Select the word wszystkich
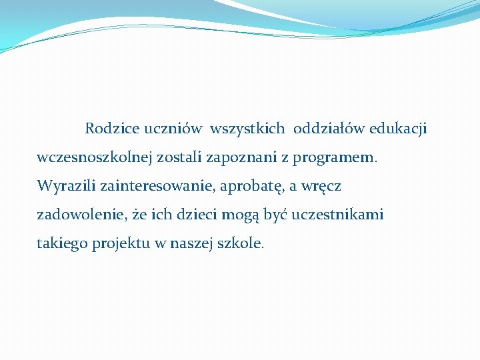click(x=247, y=127)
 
